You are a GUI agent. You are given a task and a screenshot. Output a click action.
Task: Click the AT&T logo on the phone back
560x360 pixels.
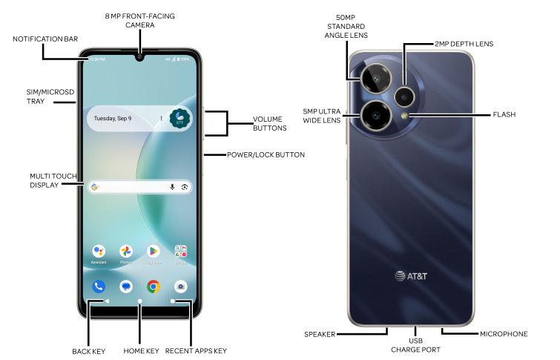pyautogui.click(x=411, y=276)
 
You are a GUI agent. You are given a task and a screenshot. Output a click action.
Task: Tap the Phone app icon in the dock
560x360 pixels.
pyautogui.click(x=99, y=286)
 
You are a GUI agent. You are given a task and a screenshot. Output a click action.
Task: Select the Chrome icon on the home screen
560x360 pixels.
pyautogui.click(x=154, y=286)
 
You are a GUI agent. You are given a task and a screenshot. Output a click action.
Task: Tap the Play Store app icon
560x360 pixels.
pyautogui.click(x=154, y=251)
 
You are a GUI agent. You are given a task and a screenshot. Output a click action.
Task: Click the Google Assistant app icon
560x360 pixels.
pyautogui.click(x=99, y=251)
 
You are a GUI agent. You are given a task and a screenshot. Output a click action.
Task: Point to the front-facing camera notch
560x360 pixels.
pyautogui.click(x=139, y=56)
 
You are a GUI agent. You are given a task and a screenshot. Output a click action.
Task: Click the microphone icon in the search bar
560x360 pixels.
pyautogui.click(x=172, y=186)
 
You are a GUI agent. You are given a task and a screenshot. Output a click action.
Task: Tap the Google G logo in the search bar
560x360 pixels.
pyautogui.click(x=95, y=186)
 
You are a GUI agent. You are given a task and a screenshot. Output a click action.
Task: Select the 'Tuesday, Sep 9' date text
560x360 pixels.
pyautogui.click(x=113, y=118)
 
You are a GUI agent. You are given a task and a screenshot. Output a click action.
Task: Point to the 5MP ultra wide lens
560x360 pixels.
pyautogui.click(x=376, y=115)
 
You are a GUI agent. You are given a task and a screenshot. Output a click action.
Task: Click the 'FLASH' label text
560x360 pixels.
pyautogui.click(x=504, y=115)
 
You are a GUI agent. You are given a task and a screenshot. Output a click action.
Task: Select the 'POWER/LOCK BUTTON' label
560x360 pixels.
pyautogui.click(x=265, y=155)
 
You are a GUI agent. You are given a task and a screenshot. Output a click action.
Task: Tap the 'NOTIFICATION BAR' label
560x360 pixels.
pyautogui.click(x=45, y=39)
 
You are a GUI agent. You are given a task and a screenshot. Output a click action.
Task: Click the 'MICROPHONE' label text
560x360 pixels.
pyautogui.click(x=504, y=334)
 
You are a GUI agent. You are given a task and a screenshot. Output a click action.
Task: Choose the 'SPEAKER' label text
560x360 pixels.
pyautogui.click(x=320, y=334)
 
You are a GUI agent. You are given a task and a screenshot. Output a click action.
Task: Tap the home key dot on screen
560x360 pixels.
pyautogui.click(x=139, y=301)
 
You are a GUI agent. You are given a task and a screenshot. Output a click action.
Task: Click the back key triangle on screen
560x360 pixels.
pyautogui.click(x=107, y=301)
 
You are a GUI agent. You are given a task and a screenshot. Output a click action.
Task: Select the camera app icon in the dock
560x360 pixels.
pyautogui.click(x=180, y=286)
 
